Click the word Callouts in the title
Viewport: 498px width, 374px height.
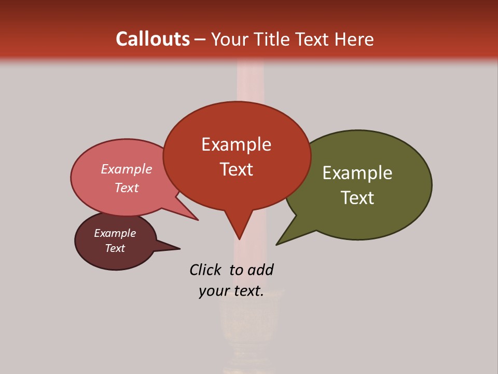[x=153, y=39]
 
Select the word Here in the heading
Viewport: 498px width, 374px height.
[x=354, y=39]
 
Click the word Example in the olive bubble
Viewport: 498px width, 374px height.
[x=357, y=173]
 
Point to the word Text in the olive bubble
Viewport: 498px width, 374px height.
[x=357, y=198]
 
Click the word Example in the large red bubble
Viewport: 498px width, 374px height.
[x=236, y=144]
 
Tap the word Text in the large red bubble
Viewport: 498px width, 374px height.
[x=236, y=169]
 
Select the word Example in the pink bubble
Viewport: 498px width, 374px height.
[x=127, y=169]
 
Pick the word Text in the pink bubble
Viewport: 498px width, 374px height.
[x=127, y=188]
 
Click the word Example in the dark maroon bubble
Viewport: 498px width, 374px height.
[x=115, y=233]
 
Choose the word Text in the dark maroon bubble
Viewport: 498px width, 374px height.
[x=115, y=248]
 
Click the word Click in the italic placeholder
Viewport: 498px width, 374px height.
[x=205, y=270]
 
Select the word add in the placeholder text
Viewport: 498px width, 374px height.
[x=260, y=270]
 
